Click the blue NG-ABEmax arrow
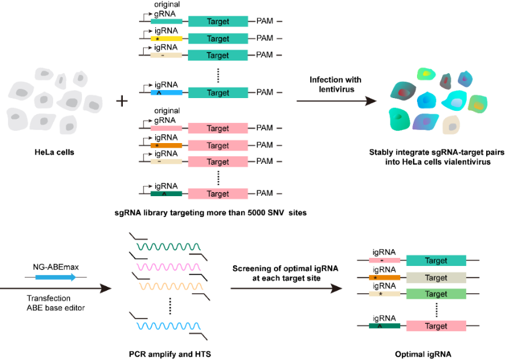coord(55,277)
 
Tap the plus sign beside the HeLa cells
coord(122,101)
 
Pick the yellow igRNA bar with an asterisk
coord(166,38)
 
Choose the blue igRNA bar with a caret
coord(166,92)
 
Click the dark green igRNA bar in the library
coord(166,193)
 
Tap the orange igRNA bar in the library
coord(166,145)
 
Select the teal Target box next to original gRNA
coord(218,21)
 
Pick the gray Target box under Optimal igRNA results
coord(435,277)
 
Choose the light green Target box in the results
coord(435,294)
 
